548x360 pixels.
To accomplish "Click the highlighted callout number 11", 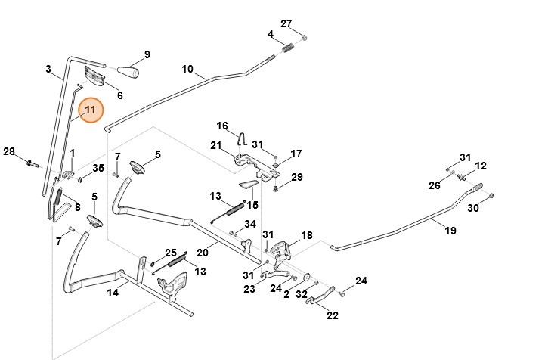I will tap(91, 112).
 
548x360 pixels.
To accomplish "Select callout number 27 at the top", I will tap(286, 23).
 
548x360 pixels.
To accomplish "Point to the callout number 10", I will tap(188, 69).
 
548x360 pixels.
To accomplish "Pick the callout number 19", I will tap(450, 230).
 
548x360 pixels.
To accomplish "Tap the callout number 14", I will tap(112, 293).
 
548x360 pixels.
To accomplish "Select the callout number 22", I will tap(333, 316).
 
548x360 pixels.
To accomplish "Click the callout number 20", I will tap(202, 253).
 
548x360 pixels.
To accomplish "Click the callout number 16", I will tap(222, 126).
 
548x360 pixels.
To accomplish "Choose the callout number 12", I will tap(481, 166).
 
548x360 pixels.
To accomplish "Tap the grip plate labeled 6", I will tap(95, 76).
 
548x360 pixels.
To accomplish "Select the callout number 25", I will tap(171, 253).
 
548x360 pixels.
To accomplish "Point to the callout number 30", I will tap(472, 208).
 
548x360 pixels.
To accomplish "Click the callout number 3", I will tap(48, 70).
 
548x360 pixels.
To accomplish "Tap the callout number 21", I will tap(215, 145).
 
